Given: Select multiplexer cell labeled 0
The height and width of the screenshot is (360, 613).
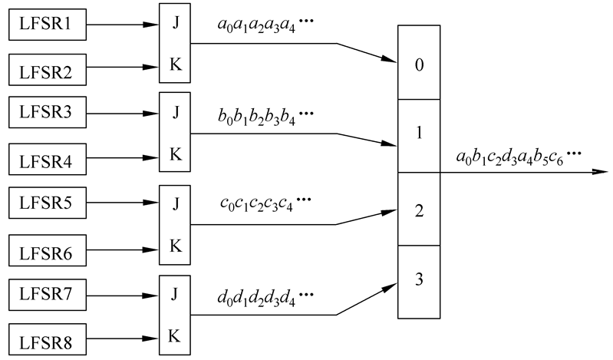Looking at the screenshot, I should pos(419,64).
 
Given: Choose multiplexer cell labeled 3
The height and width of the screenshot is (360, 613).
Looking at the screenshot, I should pos(419,280).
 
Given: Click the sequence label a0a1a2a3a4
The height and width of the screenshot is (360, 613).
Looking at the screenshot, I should pos(261,35).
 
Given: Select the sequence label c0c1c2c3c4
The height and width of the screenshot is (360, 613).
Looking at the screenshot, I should pos(261,207).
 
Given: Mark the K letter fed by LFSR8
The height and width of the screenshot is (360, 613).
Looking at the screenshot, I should pos(176,335).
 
